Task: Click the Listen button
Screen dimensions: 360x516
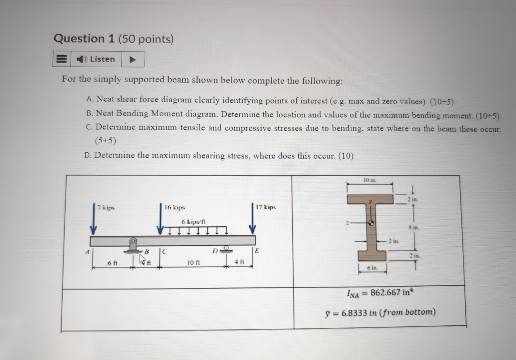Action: tap(96, 59)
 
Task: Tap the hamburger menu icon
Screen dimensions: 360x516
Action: tap(61, 59)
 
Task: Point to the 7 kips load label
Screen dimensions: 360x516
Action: tap(106, 208)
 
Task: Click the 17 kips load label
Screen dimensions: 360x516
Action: tap(266, 207)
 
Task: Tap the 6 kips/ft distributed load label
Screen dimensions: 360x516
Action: tap(194, 222)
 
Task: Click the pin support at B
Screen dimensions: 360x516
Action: tap(133, 245)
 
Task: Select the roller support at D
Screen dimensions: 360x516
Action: tap(227, 248)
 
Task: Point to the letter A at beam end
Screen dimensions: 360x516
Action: tap(87, 252)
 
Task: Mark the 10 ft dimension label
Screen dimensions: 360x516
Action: tap(193, 263)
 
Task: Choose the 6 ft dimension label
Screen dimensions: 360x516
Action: tap(113, 263)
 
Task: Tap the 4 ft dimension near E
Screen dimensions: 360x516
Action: tap(239, 262)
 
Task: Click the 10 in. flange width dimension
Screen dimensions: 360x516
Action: tap(370, 180)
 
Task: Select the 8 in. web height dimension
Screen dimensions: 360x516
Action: tap(414, 227)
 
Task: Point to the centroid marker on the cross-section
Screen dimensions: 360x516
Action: tap(370, 223)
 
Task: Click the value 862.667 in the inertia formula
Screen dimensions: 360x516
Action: tap(385, 292)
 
